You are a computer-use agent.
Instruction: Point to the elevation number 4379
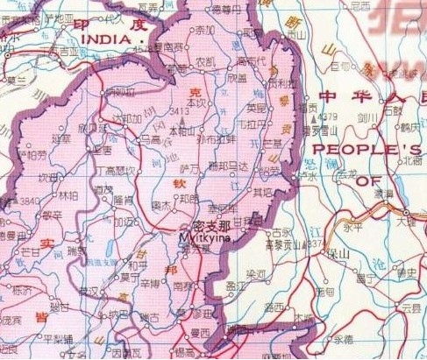click(327, 116)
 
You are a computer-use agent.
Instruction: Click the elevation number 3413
click(180, 111)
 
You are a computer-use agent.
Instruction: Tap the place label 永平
click(354, 226)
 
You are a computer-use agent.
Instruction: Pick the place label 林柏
click(68, 195)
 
